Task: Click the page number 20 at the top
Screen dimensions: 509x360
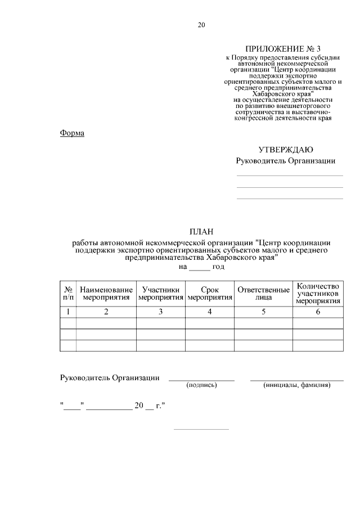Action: pyautogui.click(x=202, y=24)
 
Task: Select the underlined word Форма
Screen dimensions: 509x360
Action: pyautogui.click(x=72, y=133)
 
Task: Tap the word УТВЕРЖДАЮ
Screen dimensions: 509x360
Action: pyautogui.click(x=286, y=150)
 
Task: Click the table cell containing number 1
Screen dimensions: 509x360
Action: pyautogui.click(x=68, y=312)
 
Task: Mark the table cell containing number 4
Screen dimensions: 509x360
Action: pyautogui.click(x=209, y=312)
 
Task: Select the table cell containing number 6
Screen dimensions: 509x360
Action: pyautogui.click(x=318, y=312)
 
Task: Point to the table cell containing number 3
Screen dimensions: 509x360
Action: pyautogui.click(x=160, y=312)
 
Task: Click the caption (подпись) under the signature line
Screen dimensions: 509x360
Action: pyautogui.click(x=202, y=385)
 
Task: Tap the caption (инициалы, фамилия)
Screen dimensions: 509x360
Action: pyautogui.click(x=296, y=385)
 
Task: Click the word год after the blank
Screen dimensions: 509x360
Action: pyautogui.click(x=218, y=267)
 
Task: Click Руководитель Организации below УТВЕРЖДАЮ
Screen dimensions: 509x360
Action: pyautogui.click(x=285, y=161)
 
